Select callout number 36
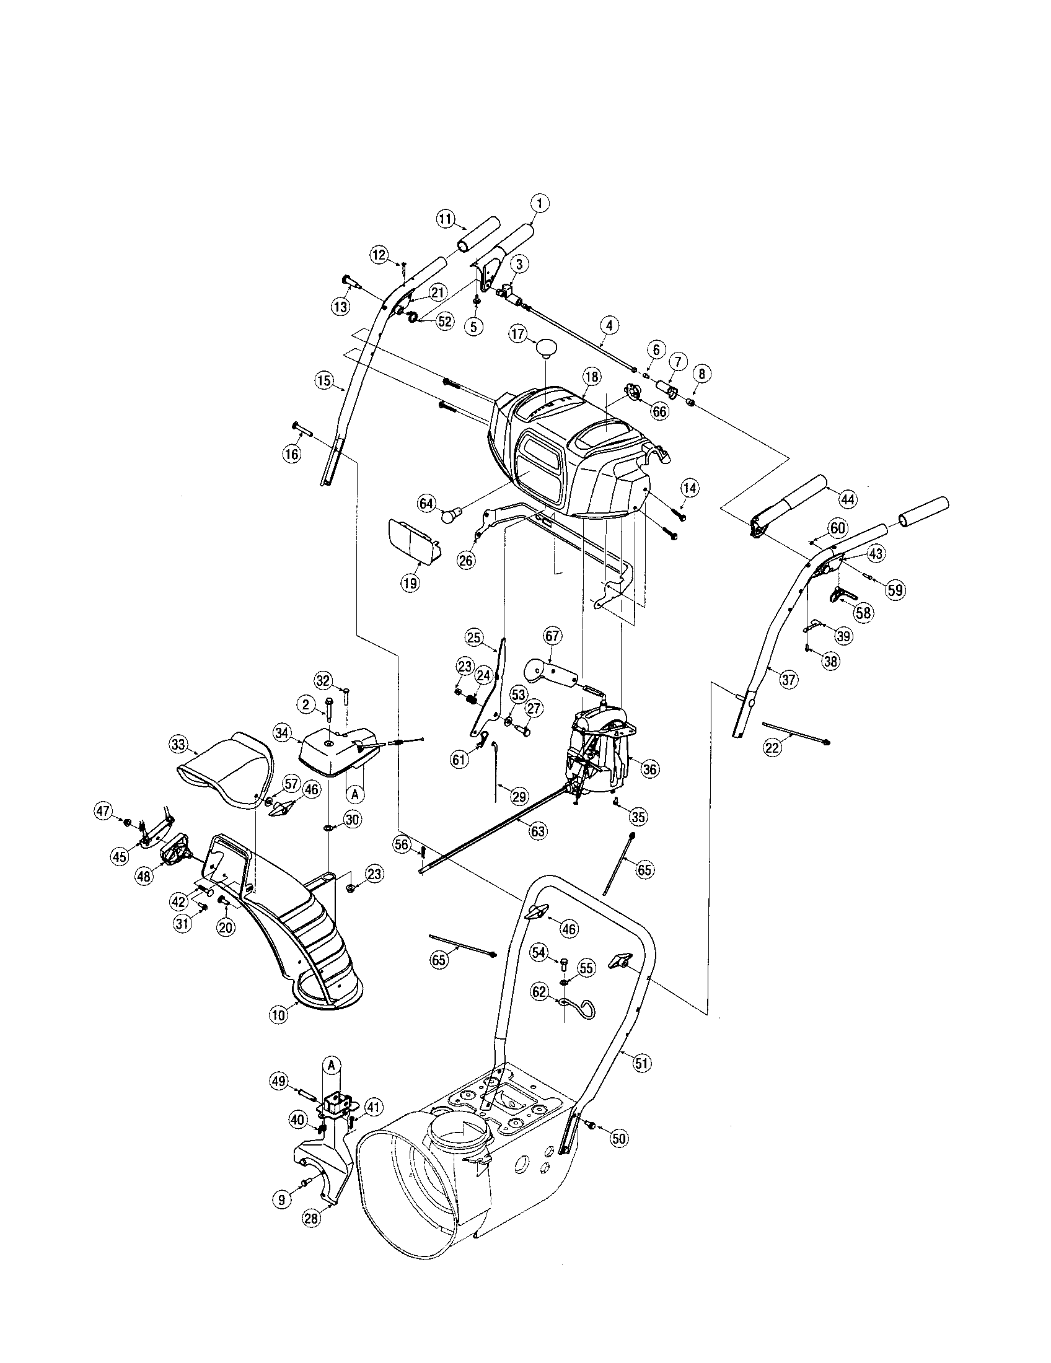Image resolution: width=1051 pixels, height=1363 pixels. (x=649, y=769)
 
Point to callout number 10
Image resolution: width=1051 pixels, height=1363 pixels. (x=278, y=1014)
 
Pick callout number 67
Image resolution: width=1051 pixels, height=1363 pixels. (x=552, y=636)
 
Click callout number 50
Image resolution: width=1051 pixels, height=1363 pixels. (x=618, y=1137)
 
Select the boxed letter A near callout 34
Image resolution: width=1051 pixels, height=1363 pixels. (x=354, y=794)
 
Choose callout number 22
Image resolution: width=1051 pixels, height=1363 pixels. (x=773, y=747)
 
